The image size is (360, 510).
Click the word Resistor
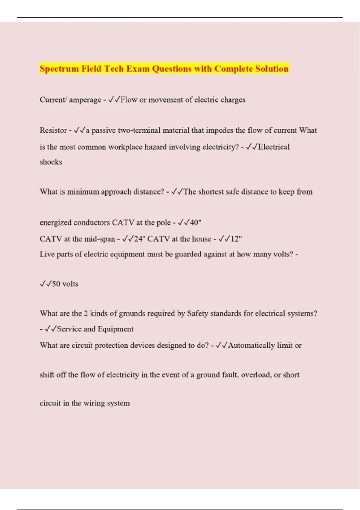coord(53,130)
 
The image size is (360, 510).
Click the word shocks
coord(51,162)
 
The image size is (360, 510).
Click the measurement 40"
coord(195,223)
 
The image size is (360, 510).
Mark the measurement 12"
coord(236,239)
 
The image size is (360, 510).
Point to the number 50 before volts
coord(56,284)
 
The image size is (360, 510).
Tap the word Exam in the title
coord(138,69)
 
